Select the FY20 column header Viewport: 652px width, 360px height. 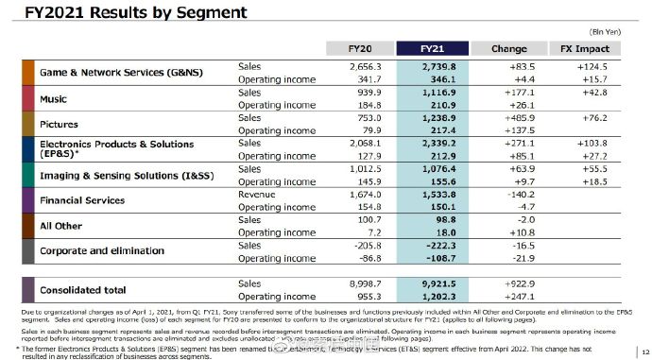pos(359,48)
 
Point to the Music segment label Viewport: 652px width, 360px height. pos(54,99)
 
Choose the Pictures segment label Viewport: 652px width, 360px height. pos(59,125)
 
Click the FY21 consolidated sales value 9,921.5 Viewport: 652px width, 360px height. pos(434,283)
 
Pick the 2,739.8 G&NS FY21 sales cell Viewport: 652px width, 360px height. pos(434,67)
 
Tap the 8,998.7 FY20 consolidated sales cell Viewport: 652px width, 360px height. pos(359,283)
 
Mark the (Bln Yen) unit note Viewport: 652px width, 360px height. pos(608,31)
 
